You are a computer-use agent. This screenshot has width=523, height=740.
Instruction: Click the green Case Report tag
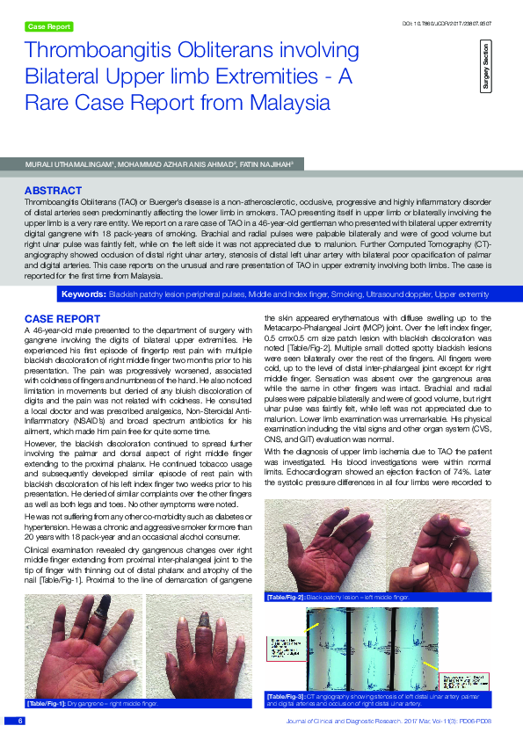[x=49, y=27]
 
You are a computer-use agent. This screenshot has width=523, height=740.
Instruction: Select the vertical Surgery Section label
[x=485, y=67]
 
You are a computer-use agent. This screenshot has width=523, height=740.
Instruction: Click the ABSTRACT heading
[x=53, y=191]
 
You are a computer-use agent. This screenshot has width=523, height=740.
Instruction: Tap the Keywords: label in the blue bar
[x=81, y=293]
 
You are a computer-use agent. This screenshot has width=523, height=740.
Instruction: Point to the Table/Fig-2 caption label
[x=285, y=597]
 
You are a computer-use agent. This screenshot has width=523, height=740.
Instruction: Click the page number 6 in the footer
[x=19, y=722]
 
